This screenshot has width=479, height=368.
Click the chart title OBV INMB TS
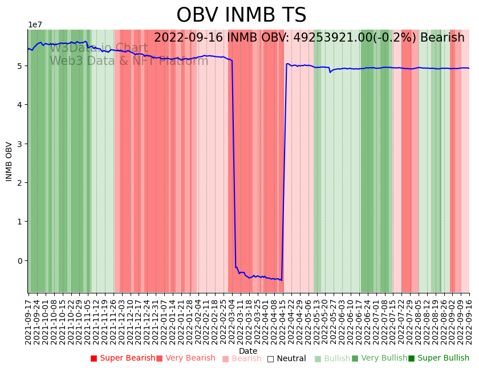(x=241, y=15)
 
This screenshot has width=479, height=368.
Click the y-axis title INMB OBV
(x=9, y=161)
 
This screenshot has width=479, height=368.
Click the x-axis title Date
(x=248, y=351)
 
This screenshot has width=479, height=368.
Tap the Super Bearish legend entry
(x=123, y=358)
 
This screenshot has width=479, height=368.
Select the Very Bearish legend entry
(x=186, y=358)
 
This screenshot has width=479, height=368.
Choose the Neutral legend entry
(x=286, y=359)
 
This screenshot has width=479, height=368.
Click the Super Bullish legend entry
(x=439, y=358)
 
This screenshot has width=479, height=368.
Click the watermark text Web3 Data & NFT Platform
(x=129, y=61)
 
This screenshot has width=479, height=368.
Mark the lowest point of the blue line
(x=282, y=280)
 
